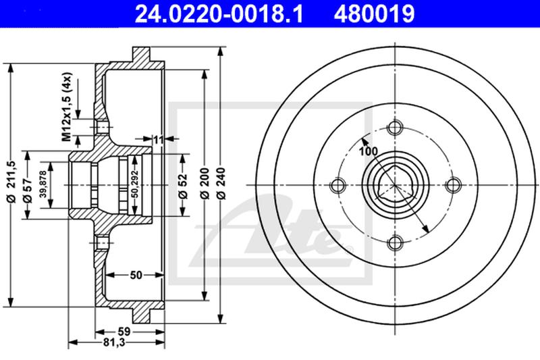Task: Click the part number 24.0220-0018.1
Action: pos(219,14)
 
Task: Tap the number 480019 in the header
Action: pos(374,14)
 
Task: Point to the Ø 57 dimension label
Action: pos(28,190)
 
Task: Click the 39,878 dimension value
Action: pos(43,184)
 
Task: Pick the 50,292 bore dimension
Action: pos(135,184)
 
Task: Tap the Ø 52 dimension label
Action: pos(184,186)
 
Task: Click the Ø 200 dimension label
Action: pos(205,183)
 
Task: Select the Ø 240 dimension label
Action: pos(222,183)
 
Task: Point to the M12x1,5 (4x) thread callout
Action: pos(67,107)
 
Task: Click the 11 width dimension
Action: pos(159,140)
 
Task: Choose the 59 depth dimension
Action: pos(124,332)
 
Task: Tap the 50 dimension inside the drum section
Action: pos(136,275)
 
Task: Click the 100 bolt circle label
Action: pos(368,151)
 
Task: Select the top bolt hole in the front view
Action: pos(395,128)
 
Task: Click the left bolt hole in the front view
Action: pos(337,185)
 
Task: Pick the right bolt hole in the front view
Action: pos(453,185)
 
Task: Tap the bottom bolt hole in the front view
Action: pos(395,243)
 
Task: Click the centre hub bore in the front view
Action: pos(395,185)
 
